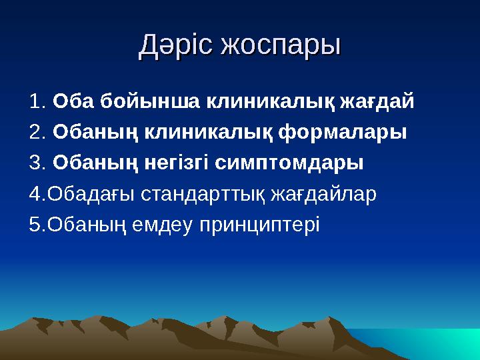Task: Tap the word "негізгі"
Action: (174, 163)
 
